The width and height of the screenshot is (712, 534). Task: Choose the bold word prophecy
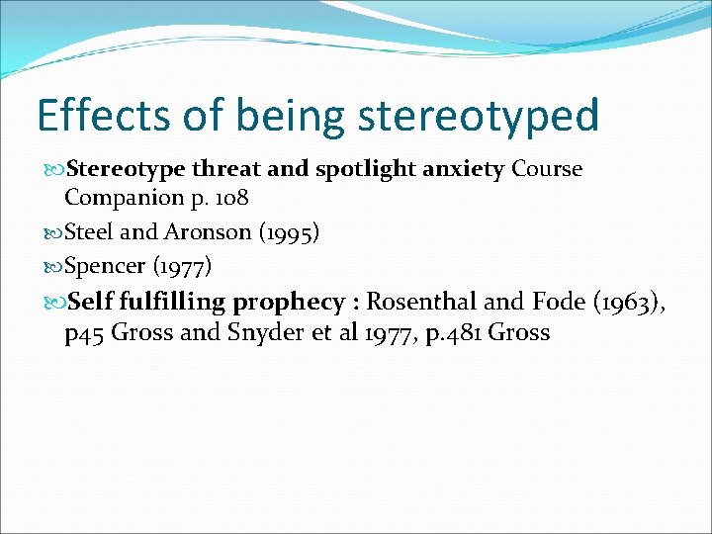(290, 302)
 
